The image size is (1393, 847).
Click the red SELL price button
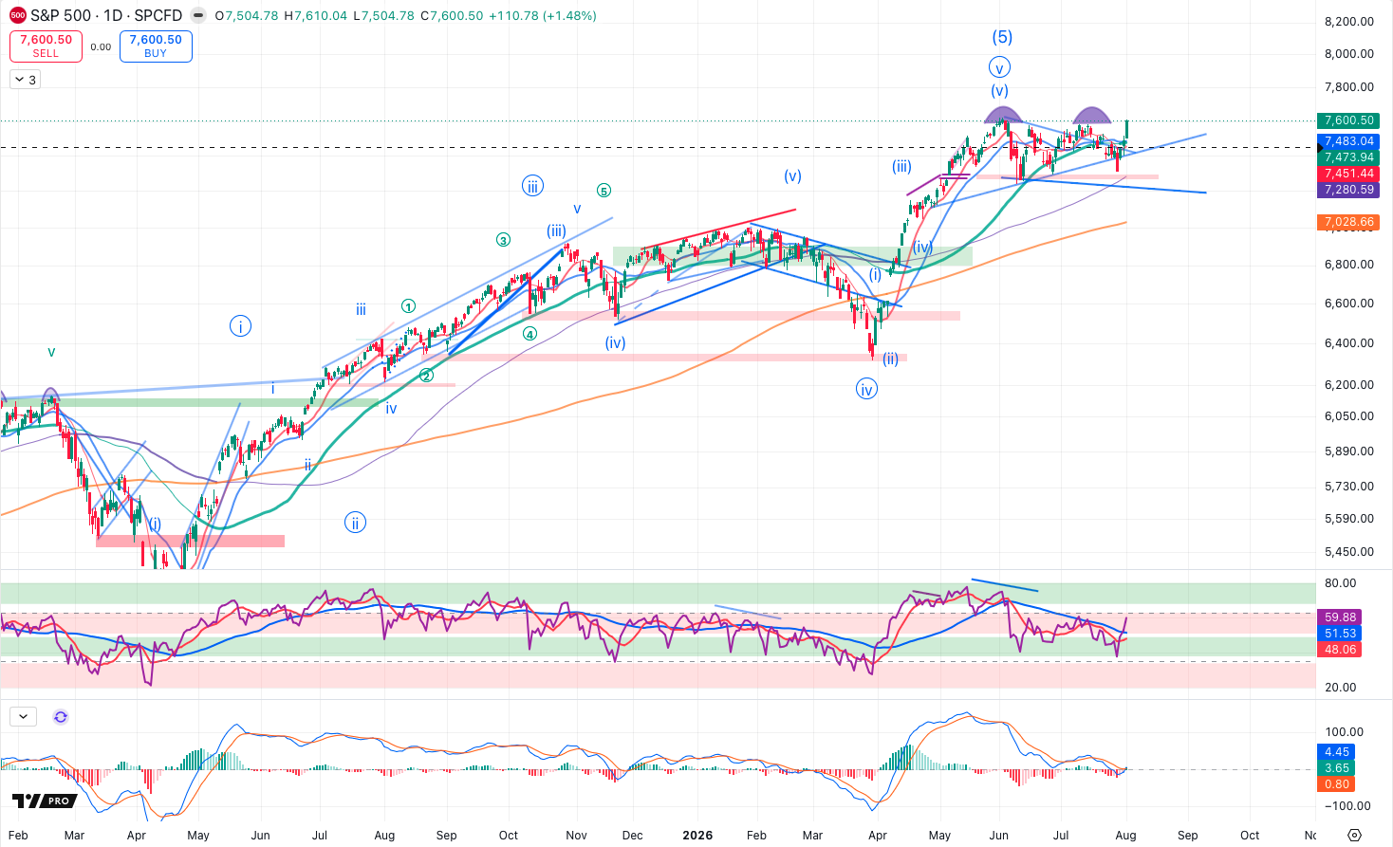[x=46, y=46]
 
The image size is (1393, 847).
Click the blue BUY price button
[x=156, y=46]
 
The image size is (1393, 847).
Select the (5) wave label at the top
[x=1002, y=37]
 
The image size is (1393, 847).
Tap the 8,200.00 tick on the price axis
[x=1348, y=22]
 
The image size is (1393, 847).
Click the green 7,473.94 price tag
[x=1348, y=157]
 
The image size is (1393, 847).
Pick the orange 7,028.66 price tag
[x=1348, y=222]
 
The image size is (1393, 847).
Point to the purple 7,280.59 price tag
[x=1348, y=190]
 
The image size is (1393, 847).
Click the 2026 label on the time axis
[x=697, y=836]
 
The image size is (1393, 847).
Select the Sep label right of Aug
[x=1187, y=836]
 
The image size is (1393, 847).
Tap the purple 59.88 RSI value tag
[x=1340, y=617]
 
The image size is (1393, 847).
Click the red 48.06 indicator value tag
[x=1340, y=650]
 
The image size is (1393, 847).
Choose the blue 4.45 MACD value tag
[x=1336, y=752]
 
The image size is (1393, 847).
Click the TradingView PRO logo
[x=45, y=801]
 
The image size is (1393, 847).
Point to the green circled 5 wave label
[x=604, y=191]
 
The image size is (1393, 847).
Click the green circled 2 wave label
[x=426, y=376]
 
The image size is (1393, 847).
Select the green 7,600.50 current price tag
[x=1348, y=120]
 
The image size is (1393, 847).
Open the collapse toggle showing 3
[x=26, y=80]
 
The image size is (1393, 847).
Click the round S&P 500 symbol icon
[x=18, y=15]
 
